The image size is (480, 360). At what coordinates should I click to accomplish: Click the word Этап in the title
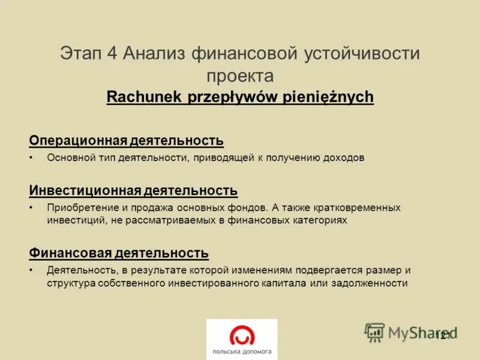tap(81, 53)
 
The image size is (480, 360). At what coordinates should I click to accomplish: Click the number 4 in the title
tap(112, 53)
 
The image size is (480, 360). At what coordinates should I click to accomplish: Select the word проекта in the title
tap(240, 76)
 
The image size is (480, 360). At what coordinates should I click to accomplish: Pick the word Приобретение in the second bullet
tap(79, 208)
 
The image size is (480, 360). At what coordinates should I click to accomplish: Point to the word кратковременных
tap(357, 208)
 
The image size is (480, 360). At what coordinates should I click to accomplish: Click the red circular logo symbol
tap(242, 334)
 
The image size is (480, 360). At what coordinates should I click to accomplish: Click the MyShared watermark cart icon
tap(374, 332)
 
